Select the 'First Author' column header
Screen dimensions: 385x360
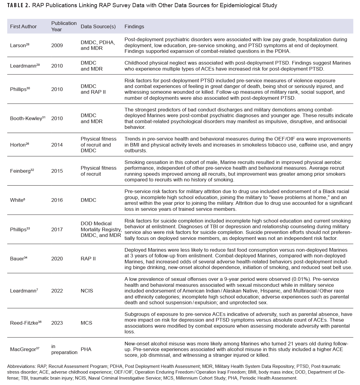tap(23, 26)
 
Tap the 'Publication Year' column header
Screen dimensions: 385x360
tap(64, 26)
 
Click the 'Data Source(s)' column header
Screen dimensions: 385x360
tap(98, 26)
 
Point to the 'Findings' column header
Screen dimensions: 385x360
tap(134, 26)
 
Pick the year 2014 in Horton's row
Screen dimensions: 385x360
tap(57, 145)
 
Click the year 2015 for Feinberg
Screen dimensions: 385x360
tap(57, 171)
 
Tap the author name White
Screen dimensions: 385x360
tap(16, 200)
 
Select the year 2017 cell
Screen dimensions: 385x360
tap(57, 229)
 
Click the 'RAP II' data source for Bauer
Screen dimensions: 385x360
tap(88, 259)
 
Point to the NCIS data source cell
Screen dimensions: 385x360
tap(87, 291)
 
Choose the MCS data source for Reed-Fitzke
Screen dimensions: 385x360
tap(86, 323)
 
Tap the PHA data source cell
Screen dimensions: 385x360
tap(86, 349)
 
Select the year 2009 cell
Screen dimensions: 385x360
tap(57, 46)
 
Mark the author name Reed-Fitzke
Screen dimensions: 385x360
tap(24, 323)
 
